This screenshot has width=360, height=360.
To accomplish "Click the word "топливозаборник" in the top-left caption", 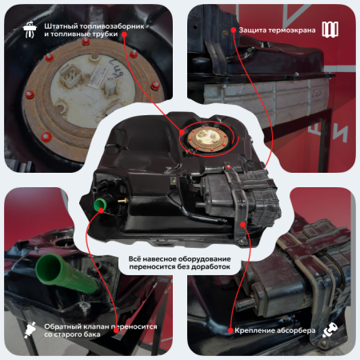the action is [x=111, y=26].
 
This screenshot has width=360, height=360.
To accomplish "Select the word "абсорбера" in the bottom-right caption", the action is [x=295, y=330].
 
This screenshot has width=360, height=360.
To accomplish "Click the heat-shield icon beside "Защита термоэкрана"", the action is [x=330, y=29].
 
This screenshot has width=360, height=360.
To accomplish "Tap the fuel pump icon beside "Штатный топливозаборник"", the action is [x=30, y=30].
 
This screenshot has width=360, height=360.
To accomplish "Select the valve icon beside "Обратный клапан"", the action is [x=30, y=330].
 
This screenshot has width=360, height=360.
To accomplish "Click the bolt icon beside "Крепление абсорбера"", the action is [x=330, y=330].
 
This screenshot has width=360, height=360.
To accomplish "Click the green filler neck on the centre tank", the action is [x=101, y=204].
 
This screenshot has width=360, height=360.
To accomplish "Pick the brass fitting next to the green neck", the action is [x=122, y=200].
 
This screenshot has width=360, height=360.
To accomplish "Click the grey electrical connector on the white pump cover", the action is [x=70, y=76].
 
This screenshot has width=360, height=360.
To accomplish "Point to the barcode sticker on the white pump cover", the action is [x=97, y=75].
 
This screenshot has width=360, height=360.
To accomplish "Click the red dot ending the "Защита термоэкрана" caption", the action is [x=234, y=30].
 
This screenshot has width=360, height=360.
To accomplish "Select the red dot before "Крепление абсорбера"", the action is [x=230, y=330].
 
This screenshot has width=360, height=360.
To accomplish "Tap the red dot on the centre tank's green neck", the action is [x=101, y=210].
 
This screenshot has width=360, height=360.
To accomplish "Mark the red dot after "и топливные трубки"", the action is [x=124, y=34].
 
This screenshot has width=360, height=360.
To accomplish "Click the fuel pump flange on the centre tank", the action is [x=207, y=138].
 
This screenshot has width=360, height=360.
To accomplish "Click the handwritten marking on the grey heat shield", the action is [x=317, y=94].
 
